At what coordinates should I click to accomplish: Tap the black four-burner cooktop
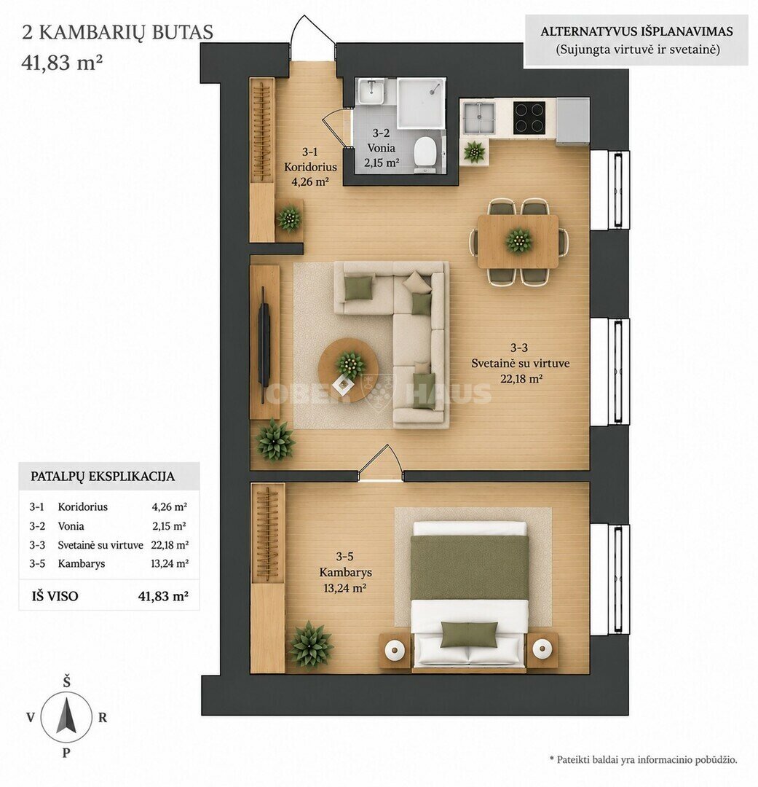tap(529, 117)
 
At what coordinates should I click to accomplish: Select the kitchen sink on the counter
tap(478, 118)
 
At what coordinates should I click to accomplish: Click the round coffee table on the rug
tap(348, 370)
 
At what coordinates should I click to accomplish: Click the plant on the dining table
tap(518, 240)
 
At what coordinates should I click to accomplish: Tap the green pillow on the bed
tap(469, 635)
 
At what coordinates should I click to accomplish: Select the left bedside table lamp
tap(395, 650)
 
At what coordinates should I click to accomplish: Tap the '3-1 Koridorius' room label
tap(310, 159)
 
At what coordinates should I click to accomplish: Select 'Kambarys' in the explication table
tap(82, 563)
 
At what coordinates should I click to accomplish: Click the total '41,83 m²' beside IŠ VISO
tap(163, 596)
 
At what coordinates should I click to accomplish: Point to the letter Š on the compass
tap(66, 681)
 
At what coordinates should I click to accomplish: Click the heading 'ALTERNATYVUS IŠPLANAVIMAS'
tap(636, 31)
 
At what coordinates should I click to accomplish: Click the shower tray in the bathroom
tap(421, 103)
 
